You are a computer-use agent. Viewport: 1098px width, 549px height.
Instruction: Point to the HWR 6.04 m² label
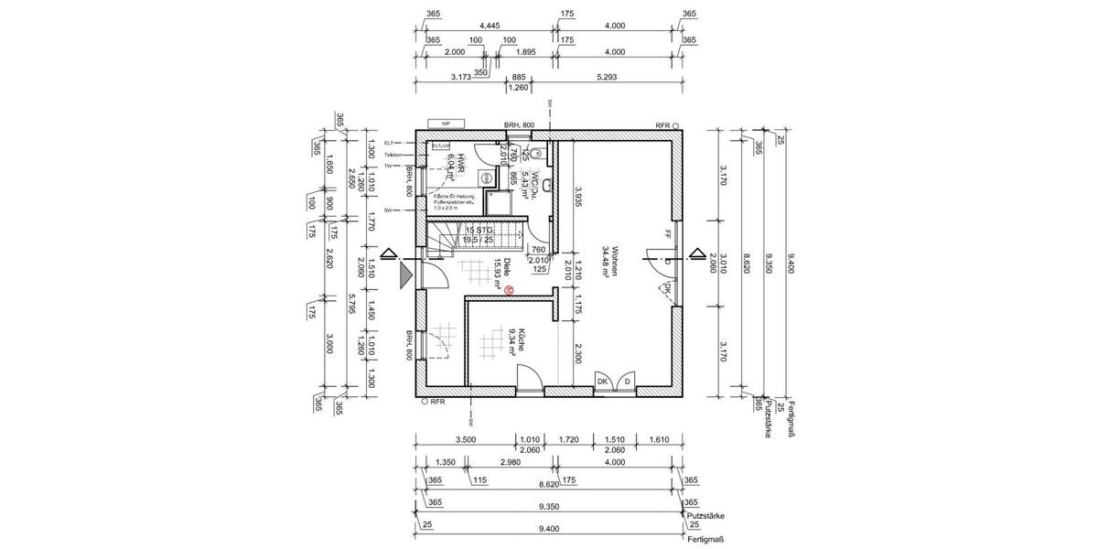click(x=456, y=167)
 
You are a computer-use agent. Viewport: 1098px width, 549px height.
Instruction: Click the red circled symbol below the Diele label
click(x=510, y=290)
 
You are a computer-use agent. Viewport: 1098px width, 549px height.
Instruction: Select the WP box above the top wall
click(x=446, y=124)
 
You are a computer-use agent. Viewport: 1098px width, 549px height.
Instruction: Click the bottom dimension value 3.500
click(x=465, y=439)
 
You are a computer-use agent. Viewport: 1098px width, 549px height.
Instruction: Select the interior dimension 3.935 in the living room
click(x=579, y=199)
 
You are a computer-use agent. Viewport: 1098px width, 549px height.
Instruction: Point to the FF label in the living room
click(x=669, y=233)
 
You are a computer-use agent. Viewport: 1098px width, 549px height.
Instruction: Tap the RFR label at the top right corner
click(x=662, y=124)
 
